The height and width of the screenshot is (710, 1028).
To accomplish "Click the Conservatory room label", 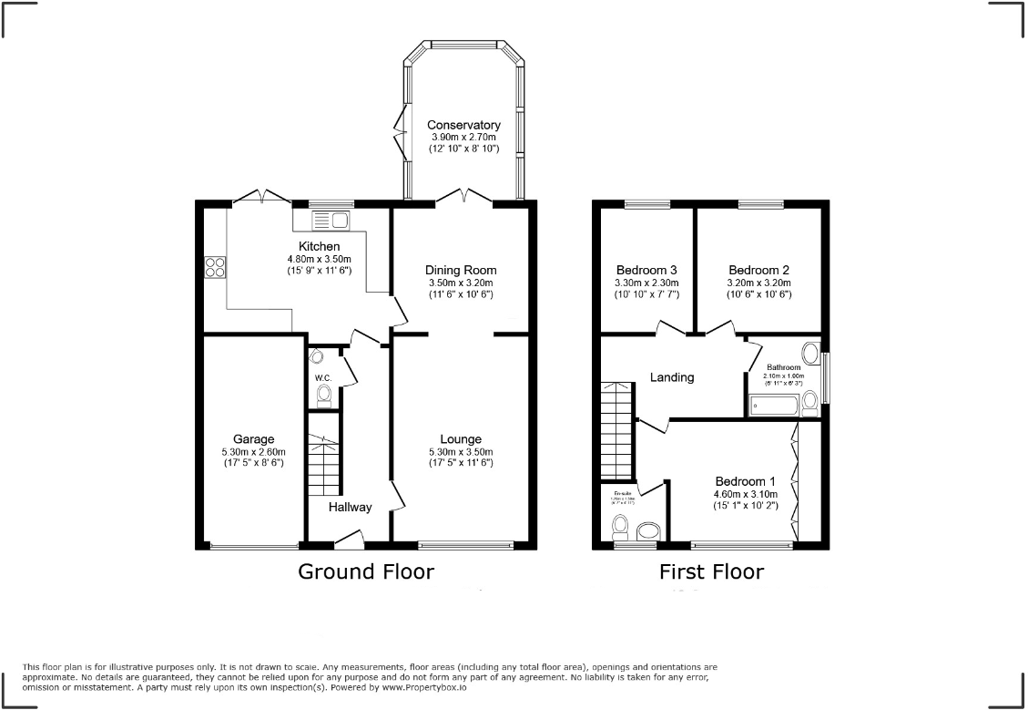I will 464,125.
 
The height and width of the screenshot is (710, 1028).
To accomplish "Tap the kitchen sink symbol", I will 330,220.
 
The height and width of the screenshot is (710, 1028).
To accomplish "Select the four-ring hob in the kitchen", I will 216,267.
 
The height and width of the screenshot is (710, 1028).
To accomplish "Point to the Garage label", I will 253,439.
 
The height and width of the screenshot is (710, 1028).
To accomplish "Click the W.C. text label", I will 322,377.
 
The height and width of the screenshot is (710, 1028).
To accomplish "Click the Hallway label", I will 351,507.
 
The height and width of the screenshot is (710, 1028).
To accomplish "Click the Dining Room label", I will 461,270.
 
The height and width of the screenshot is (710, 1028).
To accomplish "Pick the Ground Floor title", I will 366,571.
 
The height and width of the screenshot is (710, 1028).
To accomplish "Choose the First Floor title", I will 711,571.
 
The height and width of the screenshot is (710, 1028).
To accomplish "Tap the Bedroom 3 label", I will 646,270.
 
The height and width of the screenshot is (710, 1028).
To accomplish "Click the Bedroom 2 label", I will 758,270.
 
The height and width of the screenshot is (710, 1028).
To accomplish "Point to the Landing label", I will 672,376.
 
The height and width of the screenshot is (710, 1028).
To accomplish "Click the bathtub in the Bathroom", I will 775,405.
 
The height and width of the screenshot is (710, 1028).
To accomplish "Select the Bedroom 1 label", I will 745,481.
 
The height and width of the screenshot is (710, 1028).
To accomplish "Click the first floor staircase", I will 616,429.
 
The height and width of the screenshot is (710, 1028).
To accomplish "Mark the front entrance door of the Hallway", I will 348,544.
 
